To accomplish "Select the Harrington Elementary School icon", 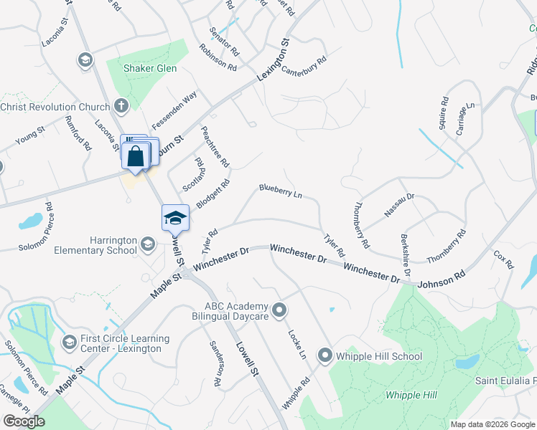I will coord(147,244).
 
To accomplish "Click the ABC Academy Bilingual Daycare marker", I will coord(280,310).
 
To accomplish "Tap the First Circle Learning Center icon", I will coord(69,343).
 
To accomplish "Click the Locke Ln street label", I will coord(297,345).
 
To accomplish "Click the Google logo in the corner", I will coord(24,421).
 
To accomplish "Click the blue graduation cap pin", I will coord(175,216).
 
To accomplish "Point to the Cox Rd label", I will coord(505,259).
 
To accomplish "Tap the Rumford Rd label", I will coord(78,133).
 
